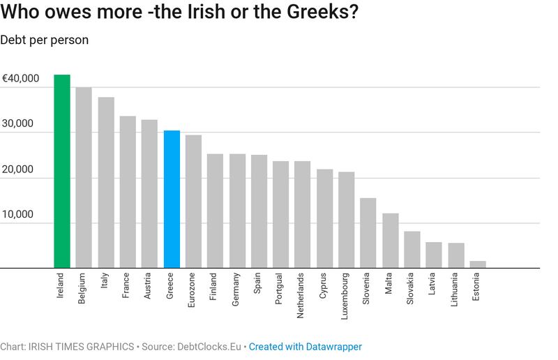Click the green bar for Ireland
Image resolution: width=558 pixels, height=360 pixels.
pos(62,171)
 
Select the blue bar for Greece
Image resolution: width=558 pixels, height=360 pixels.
pos(171,199)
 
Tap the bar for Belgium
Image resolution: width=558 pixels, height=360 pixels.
pos(84,177)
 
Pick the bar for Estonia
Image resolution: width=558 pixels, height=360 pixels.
pos(477,264)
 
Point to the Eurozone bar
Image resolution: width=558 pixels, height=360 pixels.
pos(193,201)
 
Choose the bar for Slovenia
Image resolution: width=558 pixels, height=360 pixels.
pos(368,233)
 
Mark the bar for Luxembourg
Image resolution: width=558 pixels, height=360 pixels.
pos(346,220)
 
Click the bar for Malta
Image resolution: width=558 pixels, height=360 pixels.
pos(390,241)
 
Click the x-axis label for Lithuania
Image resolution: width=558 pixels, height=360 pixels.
pos(455,294)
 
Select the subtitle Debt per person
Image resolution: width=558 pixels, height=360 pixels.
pos(45,39)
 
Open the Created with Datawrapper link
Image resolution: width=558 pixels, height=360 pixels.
pos(306,346)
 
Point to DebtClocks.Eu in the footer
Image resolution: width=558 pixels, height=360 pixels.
pos(209,346)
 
